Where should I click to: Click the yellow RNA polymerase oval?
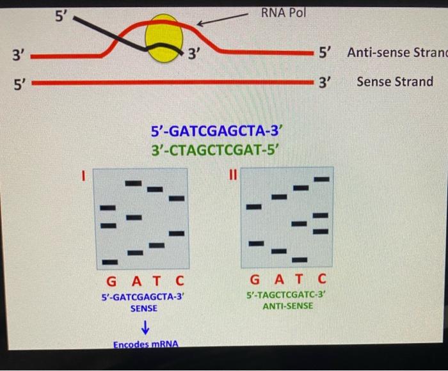[164, 40]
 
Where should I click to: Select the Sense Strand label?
[394, 82]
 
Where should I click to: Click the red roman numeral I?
[83, 175]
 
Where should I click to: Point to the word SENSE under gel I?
[144, 308]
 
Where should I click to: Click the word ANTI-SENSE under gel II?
[287, 306]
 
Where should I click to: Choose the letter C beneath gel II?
[321, 279]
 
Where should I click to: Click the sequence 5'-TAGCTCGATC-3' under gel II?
[287, 295]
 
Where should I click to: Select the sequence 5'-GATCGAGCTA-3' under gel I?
[144, 297]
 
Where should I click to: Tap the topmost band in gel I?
[132, 184]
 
